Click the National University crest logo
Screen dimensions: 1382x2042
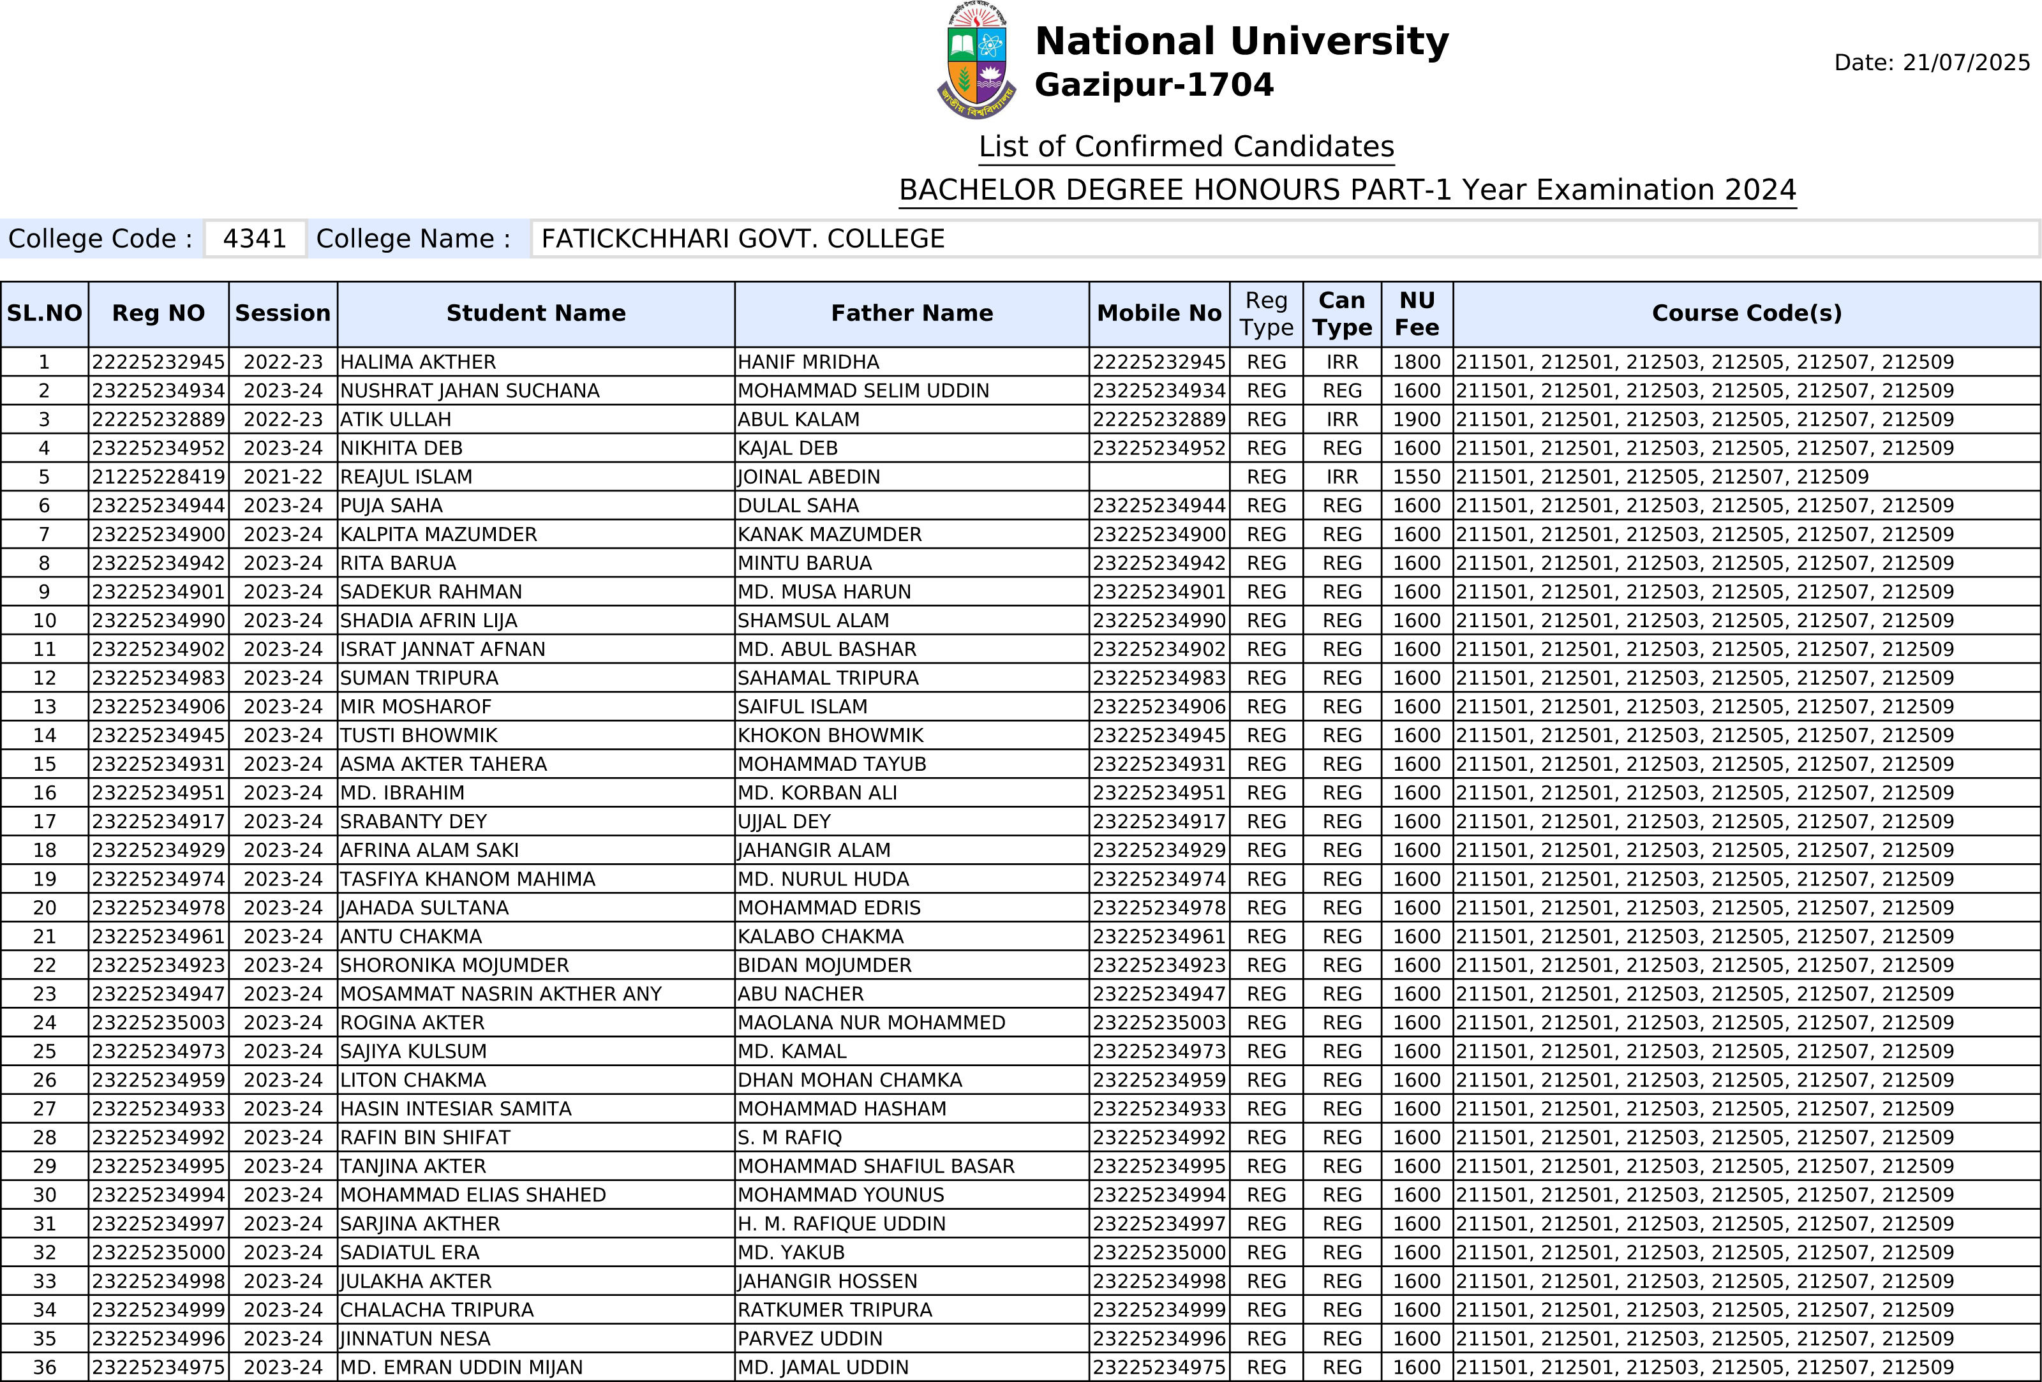pos(976,61)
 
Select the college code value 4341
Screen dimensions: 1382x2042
pos(255,239)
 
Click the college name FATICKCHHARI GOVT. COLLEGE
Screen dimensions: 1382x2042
pos(743,239)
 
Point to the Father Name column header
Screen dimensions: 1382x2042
pos(911,314)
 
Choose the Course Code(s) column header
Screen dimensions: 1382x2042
pos(1746,314)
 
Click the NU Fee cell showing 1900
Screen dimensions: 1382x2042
pos(1417,420)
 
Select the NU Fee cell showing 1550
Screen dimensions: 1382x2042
pos(1417,477)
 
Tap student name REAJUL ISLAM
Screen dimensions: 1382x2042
pos(406,477)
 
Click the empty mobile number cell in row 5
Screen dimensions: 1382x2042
pos(1159,477)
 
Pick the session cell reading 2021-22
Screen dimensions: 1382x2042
pos(283,477)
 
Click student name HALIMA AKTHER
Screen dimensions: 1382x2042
pos(417,362)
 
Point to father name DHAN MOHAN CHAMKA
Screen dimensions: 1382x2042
pos(849,1080)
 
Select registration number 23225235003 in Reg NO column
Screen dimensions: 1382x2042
pos(158,1023)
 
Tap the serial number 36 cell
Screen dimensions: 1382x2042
pos(44,1367)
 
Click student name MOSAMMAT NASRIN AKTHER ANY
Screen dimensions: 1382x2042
pos(501,993)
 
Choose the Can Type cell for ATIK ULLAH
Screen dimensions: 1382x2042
pos(1342,420)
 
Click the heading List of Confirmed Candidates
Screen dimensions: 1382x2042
pos(1186,147)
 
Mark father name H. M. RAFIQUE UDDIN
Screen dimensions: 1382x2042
pos(841,1224)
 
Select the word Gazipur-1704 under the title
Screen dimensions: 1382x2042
pos(1154,85)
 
